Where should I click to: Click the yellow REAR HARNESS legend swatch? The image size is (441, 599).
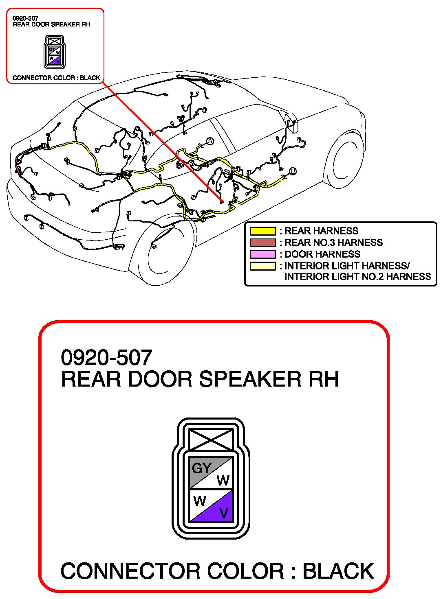point(262,231)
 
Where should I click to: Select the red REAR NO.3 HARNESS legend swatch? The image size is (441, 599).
point(262,243)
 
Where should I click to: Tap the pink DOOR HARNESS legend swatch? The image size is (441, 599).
point(262,254)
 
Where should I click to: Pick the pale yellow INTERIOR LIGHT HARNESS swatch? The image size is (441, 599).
point(262,266)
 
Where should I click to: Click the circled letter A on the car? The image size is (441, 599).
point(210,141)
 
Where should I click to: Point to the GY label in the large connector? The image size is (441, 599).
point(201,468)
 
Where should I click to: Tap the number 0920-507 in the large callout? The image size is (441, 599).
point(106,358)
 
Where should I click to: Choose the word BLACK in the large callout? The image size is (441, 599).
point(338,571)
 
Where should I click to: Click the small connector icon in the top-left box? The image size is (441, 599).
point(55,52)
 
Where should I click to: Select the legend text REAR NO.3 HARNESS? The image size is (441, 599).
point(333,243)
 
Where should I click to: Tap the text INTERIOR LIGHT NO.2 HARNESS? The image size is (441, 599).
point(357,277)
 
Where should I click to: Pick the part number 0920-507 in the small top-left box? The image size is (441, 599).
point(25,18)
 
